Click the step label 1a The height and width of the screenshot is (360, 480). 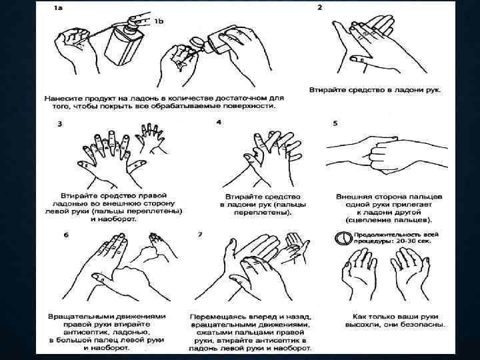coord(58,8)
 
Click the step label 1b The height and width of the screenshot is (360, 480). coord(159,21)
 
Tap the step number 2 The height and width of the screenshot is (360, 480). coord(319,7)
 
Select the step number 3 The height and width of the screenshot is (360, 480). coord(60,124)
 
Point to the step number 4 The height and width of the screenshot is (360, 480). coord(219,122)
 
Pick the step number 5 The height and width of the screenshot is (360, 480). coord(335,123)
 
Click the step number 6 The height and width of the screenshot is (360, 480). coord(66,235)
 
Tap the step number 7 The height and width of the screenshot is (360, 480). coord(200,235)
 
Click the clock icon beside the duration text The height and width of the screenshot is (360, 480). coord(343,238)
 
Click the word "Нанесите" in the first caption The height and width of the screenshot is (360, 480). coord(63,99)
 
